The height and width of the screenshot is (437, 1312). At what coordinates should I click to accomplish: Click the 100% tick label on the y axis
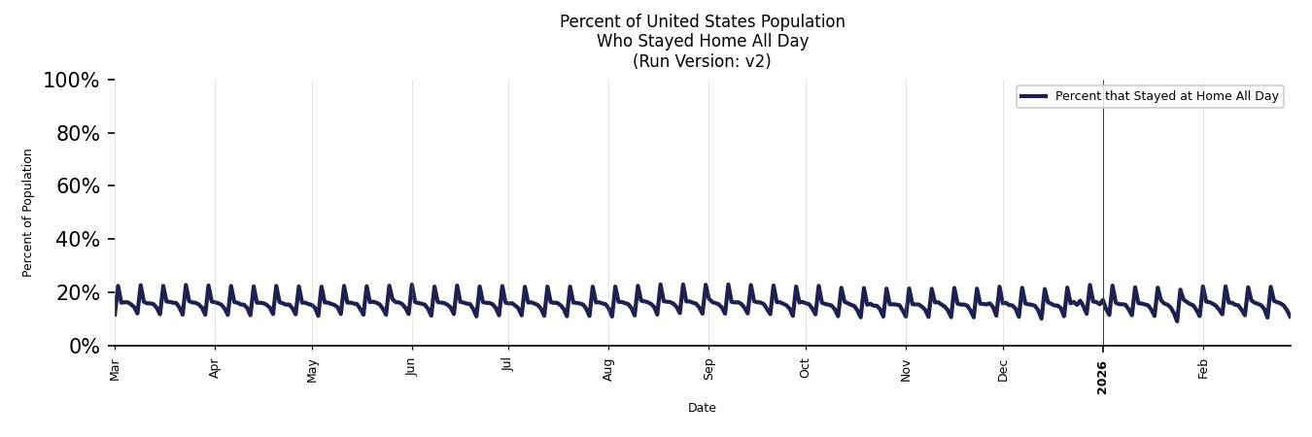click(71, 81)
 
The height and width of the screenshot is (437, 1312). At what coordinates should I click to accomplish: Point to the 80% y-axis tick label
click(78, 134)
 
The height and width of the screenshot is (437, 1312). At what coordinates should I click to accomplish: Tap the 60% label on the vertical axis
click(78, 186)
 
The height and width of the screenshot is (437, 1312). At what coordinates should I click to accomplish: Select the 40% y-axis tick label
click(78, 240)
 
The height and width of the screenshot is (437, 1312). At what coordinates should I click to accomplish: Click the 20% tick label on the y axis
click(78, 293)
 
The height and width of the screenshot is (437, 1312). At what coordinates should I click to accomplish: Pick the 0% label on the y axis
click(84, 347)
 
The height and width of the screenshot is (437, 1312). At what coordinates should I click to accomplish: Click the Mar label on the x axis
click(115, 369)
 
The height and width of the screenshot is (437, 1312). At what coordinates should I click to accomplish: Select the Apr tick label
click(215, 368)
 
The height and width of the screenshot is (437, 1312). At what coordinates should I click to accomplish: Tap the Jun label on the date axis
click(412, 368)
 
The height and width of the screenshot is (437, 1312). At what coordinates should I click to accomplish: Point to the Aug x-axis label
click(608, 369)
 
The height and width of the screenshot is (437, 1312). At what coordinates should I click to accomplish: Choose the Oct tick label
click(805, 368)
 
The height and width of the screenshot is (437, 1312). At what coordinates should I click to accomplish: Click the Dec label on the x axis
click(1003, 369)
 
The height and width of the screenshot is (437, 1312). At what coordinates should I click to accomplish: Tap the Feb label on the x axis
click(1203, 368)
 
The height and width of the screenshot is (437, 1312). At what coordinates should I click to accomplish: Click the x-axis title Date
click(702, 408)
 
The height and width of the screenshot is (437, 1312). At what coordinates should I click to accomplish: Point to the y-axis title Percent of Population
click(28, 213)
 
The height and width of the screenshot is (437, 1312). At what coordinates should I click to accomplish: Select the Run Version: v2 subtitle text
click(702, 61)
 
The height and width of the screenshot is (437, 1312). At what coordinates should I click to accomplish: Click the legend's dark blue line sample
click(1033, 96)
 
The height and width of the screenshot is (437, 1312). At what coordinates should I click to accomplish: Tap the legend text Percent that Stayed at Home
click(1147, 96)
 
